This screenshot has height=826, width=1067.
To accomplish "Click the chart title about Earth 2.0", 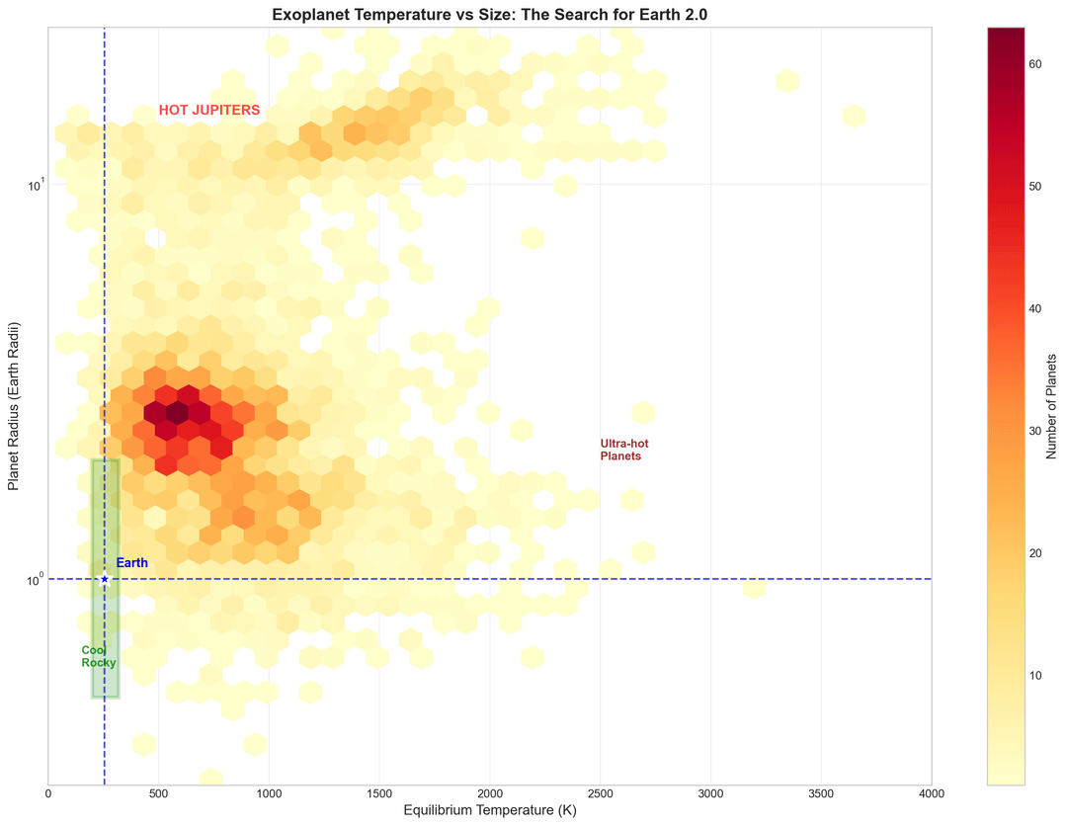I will coord(490,14).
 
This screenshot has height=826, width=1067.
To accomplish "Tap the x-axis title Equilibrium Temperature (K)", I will coord(490,810).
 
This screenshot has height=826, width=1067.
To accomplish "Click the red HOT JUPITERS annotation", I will coord(209,111).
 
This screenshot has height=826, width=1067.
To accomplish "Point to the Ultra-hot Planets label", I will coord(623,451).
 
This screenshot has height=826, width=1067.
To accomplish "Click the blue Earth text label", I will coord(131,563).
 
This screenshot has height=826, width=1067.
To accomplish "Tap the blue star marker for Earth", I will coord(105,579).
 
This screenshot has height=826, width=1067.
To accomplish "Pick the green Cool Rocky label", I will coord(98,656).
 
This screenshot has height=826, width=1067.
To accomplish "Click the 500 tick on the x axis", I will coord(159,792).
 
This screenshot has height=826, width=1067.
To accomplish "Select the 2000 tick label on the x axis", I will coord(490,792).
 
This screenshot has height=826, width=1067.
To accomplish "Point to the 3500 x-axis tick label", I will coord(821,792).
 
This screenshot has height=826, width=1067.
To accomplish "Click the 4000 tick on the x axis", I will coord(931,792).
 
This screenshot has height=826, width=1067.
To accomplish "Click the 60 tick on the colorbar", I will coord(1035,64).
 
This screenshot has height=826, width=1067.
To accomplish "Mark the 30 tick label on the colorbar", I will coord(1035,431).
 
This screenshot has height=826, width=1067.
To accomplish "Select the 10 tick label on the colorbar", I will coord(1035,676).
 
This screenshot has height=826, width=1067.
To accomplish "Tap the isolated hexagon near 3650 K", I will coord(854,116).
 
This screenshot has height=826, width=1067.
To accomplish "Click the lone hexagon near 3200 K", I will coord(754,588).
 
